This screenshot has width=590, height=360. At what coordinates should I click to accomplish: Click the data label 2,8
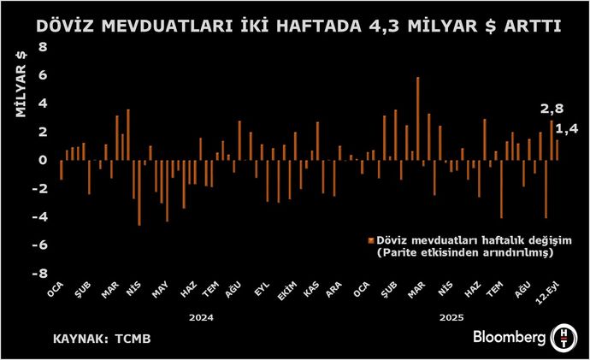pos(552,109)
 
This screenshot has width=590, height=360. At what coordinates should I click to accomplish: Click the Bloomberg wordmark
pos(510,338)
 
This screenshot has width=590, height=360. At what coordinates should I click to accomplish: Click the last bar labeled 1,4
pos(558,150)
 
